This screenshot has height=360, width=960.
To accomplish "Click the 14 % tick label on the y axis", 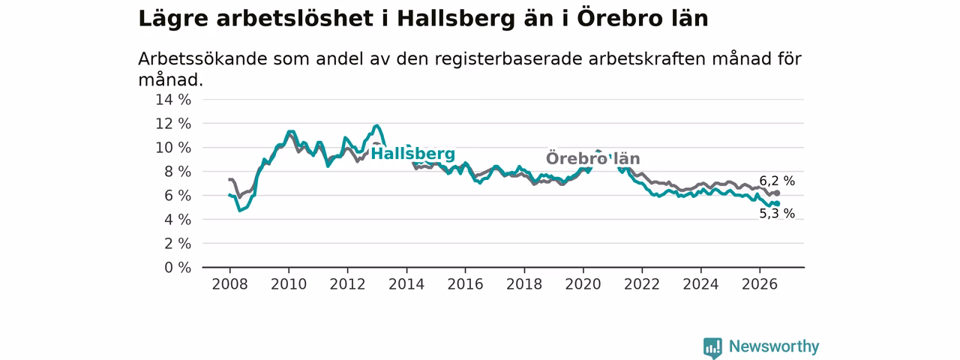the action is coord(173,100).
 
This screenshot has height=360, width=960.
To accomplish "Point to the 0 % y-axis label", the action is coord(178,268).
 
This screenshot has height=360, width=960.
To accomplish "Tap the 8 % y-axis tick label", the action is coord(178,172).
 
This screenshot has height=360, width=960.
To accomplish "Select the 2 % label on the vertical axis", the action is coord(178,244).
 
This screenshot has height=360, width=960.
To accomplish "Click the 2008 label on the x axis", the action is coord(229,284).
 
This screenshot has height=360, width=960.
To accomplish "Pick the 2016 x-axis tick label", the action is coord(466,284).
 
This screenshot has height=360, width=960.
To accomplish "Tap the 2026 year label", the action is coord(760,284).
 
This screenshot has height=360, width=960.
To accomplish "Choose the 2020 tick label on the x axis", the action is coord(583,284).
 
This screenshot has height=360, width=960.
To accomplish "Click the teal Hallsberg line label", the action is coord(412,154).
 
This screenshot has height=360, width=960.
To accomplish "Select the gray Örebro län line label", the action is coord(593,158).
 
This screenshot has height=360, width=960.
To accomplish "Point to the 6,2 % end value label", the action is coord(777,181).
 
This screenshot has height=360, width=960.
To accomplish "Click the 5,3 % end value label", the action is coord(777,214).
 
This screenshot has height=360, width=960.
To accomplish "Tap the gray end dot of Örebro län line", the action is coord(777,193).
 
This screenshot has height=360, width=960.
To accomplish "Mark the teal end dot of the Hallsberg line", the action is coord(777,203).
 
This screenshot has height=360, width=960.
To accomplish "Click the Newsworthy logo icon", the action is coord(712,347).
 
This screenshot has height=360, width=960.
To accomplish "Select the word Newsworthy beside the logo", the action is coord(774,346).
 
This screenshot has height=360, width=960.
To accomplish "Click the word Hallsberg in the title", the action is coord(456,19).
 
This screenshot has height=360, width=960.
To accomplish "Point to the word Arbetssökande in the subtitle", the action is coord(202,59).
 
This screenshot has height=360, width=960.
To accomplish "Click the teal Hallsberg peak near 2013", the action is coord(376,125).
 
